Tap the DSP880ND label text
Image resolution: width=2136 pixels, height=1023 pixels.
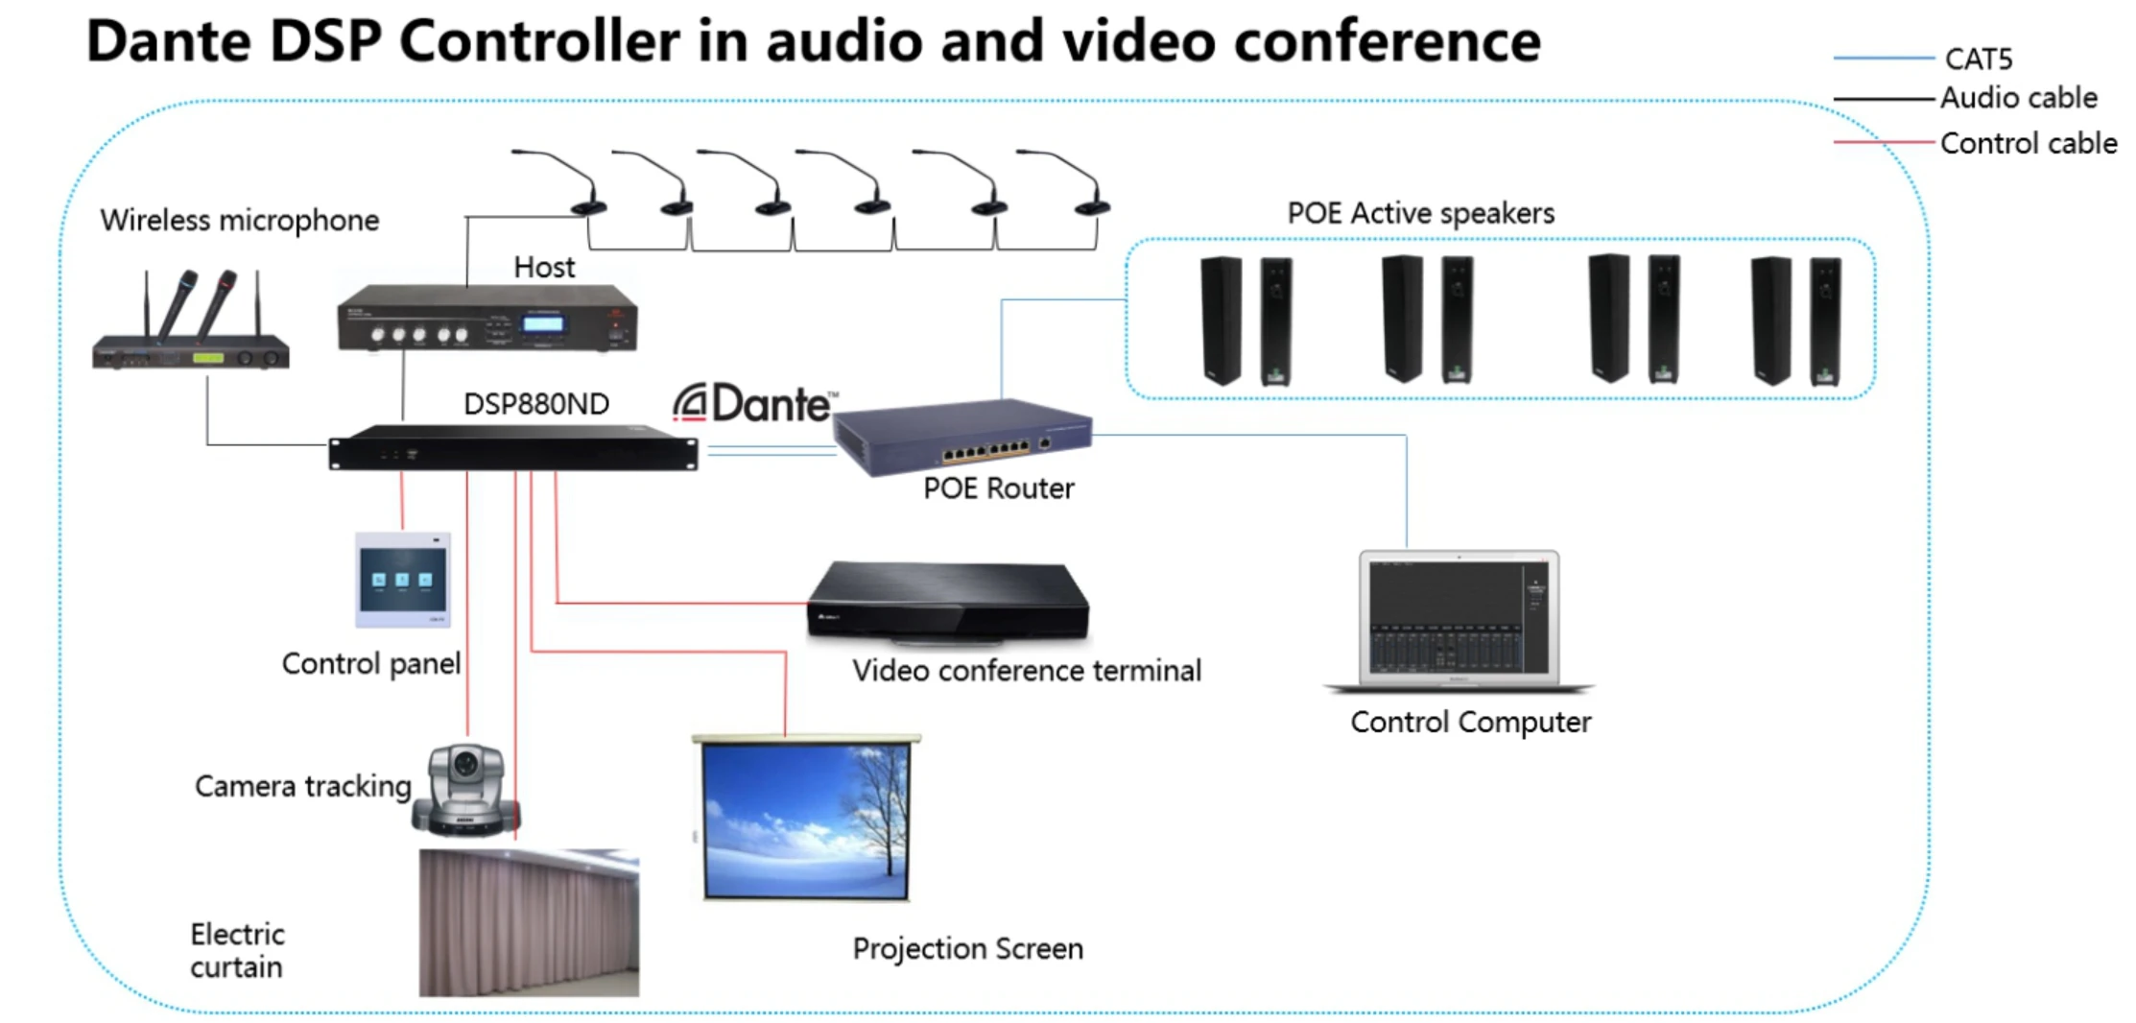pos(535,404)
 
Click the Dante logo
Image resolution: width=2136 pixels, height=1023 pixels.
pos(754,404)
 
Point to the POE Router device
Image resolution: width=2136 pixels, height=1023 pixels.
pos(962,437)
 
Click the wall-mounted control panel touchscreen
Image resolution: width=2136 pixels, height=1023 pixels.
pos(402,580)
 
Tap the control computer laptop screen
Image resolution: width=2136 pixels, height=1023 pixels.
pos(1459,617)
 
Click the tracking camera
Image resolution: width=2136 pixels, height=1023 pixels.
pos(465,789)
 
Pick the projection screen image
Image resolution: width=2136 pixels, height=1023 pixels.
pos(805,821)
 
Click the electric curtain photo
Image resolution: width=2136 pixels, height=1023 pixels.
pos(529,922)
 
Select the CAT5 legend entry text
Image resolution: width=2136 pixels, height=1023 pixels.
pos(1978,59)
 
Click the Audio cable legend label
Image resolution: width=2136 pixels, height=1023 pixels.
pos(2018,98)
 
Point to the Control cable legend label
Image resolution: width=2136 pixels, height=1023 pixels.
pos(2028,144)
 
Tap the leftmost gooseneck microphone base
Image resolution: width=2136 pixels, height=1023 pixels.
pos(587,207)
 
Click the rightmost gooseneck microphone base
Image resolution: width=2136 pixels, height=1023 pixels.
pos(1092,207)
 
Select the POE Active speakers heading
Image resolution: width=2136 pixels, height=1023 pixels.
pos(1420,213)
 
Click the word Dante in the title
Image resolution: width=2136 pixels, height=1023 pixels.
pos(169,41)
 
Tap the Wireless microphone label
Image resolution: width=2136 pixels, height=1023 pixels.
pos(239,221)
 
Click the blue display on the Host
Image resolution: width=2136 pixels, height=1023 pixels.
pos(542,323)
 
